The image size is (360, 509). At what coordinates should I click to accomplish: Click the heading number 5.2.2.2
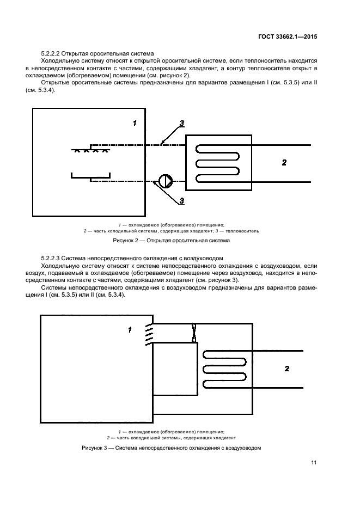pos(50,54)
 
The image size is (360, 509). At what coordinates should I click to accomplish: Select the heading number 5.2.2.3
pos(50,257)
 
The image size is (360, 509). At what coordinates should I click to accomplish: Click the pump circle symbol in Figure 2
pos(164,181)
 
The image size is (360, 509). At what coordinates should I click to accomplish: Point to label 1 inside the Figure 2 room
pos(134,123)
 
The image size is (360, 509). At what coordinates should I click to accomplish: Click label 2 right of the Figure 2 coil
pos(284,162)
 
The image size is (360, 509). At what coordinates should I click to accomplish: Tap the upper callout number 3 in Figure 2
pos(182,122)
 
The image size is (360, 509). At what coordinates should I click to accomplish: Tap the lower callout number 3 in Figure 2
pos(182,201)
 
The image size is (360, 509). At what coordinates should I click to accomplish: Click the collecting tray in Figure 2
pos(91,176)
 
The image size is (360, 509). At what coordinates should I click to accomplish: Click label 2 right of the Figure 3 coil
pos(287,369)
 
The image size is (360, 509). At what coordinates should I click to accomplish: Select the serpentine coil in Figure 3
pos(224,369)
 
